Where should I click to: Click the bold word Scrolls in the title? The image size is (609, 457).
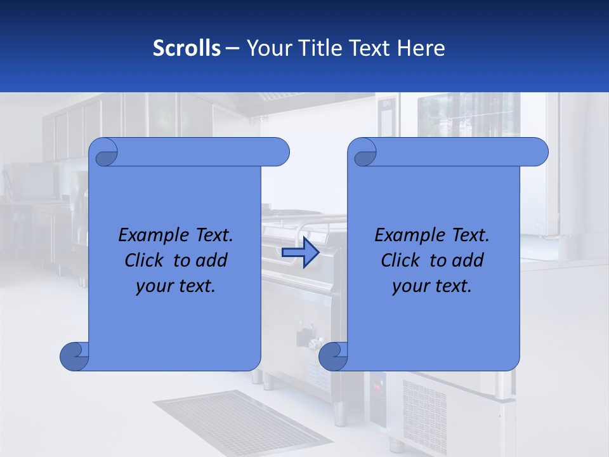point(187,48)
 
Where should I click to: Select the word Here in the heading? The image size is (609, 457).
point(421,48)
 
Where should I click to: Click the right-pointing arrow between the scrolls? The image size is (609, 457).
point(300,253)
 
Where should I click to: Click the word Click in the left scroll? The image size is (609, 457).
point(145,261)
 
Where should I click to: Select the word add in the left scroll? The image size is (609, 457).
point(211,261)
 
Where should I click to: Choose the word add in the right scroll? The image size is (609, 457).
point(468,261)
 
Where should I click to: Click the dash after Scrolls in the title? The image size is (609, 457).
point(232,48)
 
